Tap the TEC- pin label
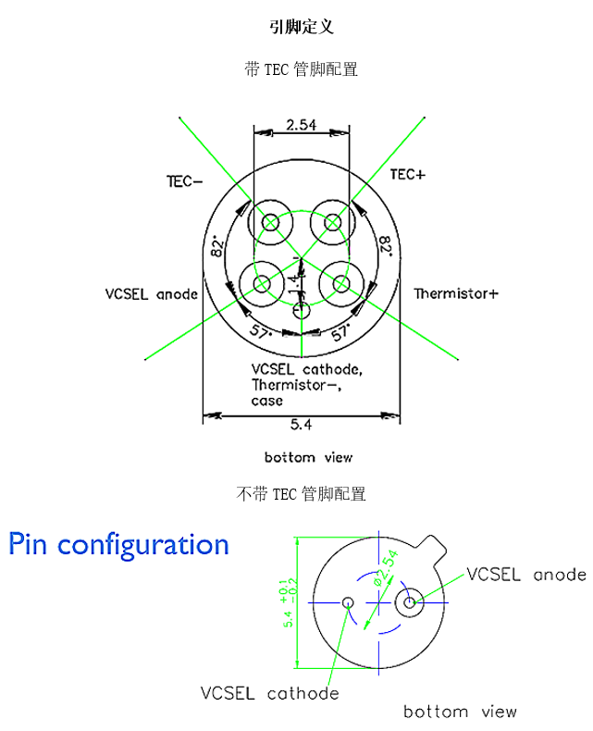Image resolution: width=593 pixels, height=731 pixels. click(184, 181)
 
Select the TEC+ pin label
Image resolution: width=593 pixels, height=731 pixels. click(407, 174)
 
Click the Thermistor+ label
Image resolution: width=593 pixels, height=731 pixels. click(455, 294)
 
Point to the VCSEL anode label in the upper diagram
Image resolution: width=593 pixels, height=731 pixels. click(152, 294)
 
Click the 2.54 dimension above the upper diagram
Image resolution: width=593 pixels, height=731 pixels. click(302, 124)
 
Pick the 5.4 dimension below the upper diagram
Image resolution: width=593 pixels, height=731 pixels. click(301, 425)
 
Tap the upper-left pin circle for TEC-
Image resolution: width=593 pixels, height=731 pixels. click(270, 222)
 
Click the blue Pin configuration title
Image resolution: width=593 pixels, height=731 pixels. click(118, 544)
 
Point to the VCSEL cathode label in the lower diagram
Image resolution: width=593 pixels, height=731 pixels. click(269, 693)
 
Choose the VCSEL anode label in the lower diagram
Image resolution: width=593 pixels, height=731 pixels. click(525, 575)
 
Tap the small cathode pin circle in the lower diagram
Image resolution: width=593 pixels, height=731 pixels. click(349, 603)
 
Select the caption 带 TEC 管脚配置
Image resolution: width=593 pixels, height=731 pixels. click(301, 69)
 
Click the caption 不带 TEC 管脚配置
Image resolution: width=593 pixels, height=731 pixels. click(301, 494)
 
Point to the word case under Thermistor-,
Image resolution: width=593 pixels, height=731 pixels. click(266, 402)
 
